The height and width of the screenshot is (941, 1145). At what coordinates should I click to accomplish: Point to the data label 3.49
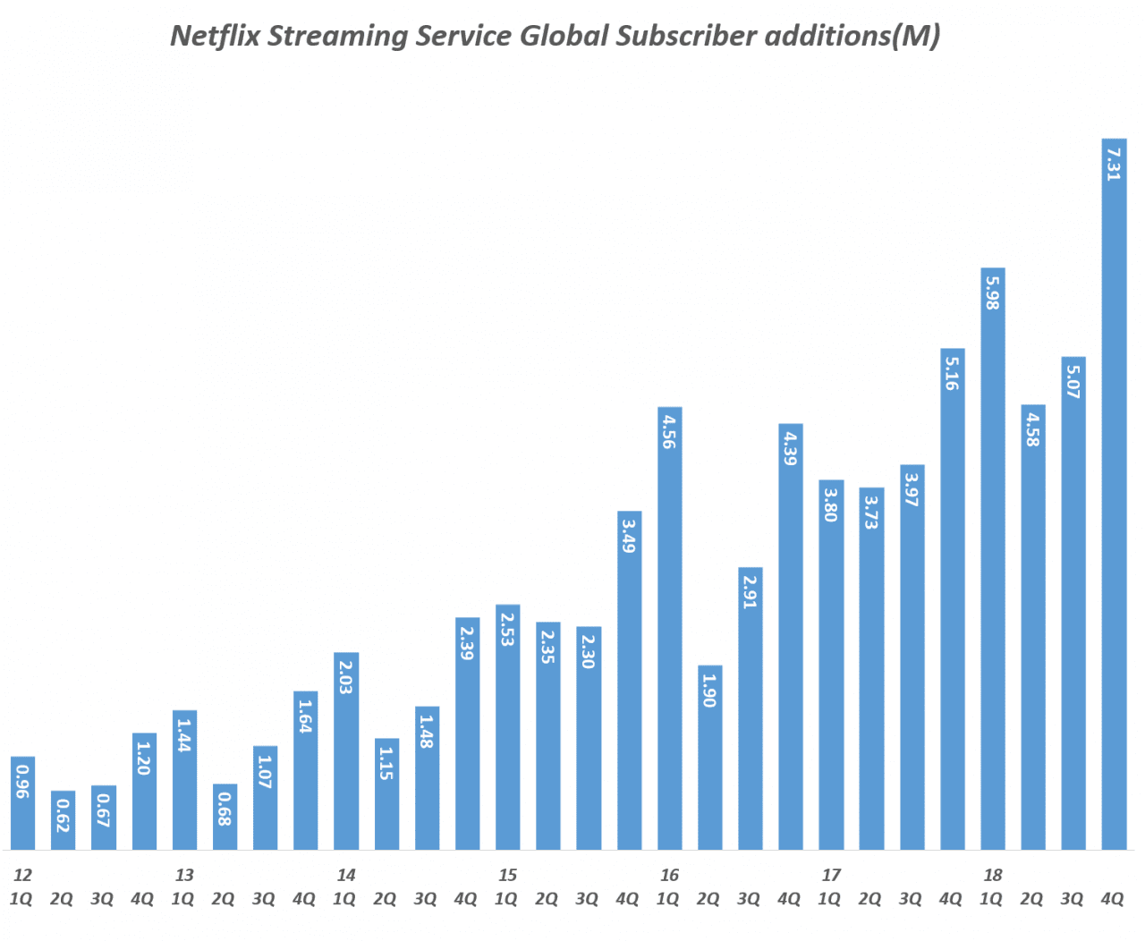(629, 536)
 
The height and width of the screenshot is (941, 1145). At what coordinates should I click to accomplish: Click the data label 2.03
(346, 677)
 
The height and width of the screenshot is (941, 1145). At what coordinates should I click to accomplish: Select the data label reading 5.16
(952, 373)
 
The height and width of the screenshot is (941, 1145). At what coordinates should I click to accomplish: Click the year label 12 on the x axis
(22, 875)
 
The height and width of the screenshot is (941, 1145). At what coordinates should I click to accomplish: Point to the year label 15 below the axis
(507, 875)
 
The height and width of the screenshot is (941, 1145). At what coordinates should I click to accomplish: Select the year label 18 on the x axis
(992, 875)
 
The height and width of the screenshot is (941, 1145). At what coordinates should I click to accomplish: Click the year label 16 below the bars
(669, 875)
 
